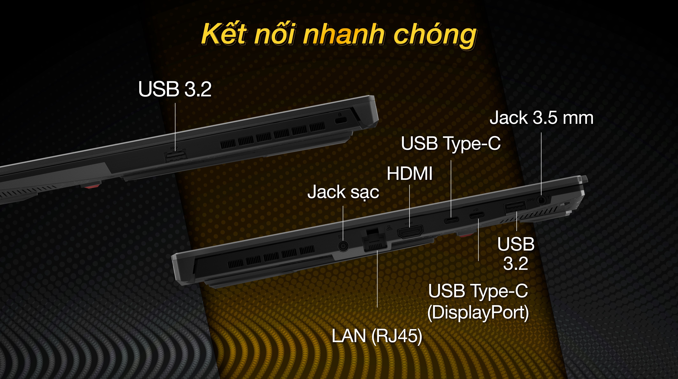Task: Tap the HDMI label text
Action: click(x=410, y=174)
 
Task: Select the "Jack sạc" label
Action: click(x=343, y=192)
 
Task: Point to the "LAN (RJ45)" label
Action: click(x=377, y=336)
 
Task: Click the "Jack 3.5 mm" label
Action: click(x=541, y=118)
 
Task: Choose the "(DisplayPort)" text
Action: click(x=478, y=313)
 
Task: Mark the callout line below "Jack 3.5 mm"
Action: click(x=541, y=163)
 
